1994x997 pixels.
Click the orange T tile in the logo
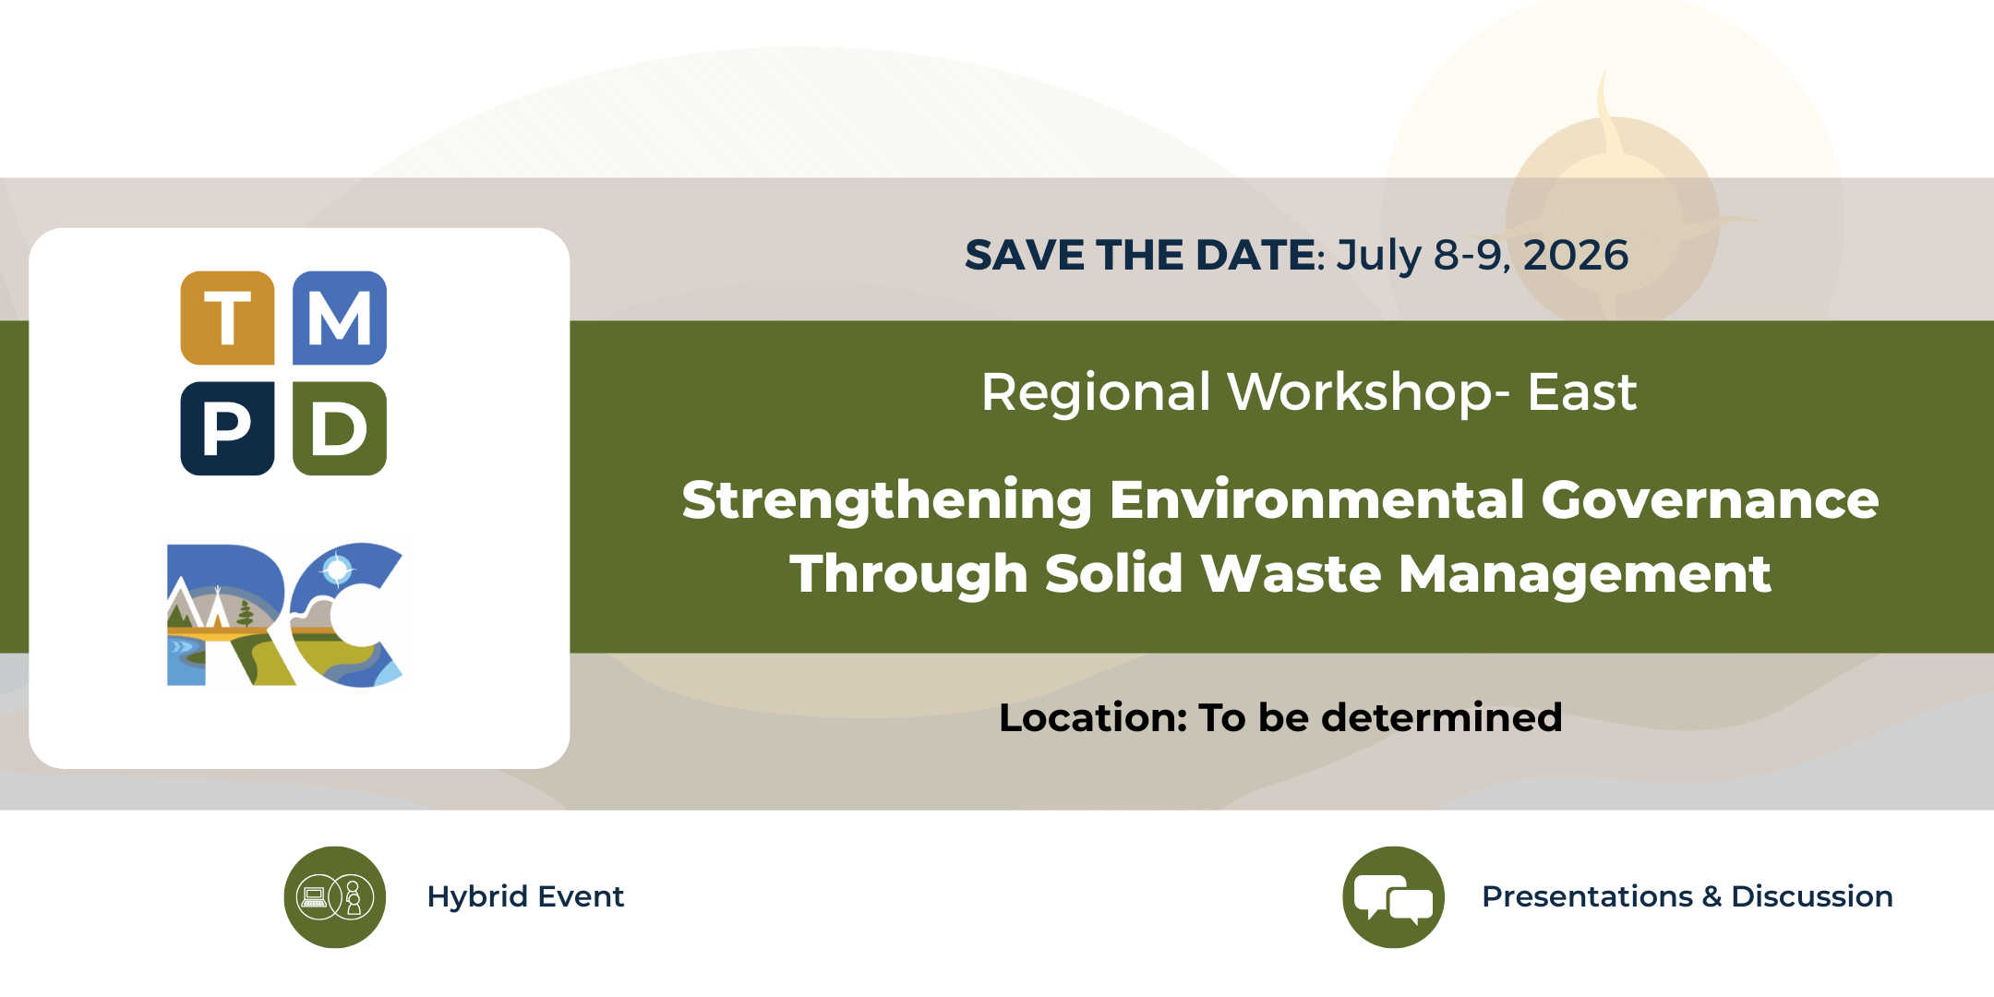tap(227, 318)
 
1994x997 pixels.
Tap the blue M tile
tap(340, 318)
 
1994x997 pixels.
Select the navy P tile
tap(227, 428)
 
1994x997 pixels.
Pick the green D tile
tap(340, 428)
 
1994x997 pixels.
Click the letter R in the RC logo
tap(231, 615)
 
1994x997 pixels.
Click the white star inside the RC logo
tap(338, 571)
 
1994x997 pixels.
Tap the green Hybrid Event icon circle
tap(334, 897)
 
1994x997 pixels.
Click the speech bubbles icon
tap(1393, 897)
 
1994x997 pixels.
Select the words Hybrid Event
tap(525, 896)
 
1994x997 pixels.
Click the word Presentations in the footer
tap(1587, 896)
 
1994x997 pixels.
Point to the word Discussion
tap(1812, 896)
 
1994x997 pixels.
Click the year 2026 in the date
tap(1576, 255)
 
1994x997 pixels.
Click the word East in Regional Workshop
tap(1582, 391)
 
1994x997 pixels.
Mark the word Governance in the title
tap(1711, 500)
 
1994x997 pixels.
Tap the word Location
tap(1093, 717)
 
